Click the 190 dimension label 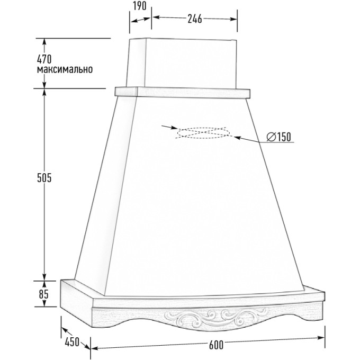pos(140,6)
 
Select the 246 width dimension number pos(195,19)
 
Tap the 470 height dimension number pos(44,59)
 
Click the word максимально pos(65,69)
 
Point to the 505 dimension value pos(44,178)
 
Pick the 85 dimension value pos(43,294)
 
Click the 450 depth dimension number pos(72,342)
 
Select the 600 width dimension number pos(216,345)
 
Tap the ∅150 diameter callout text pos(278,137)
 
